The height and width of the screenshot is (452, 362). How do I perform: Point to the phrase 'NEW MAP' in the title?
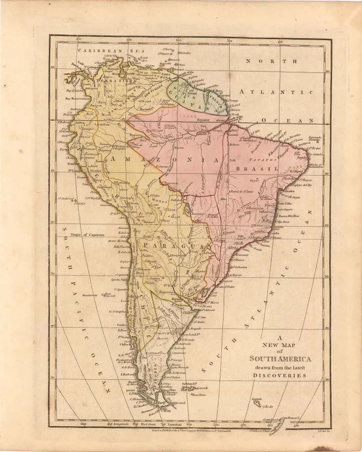[275, 345]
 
